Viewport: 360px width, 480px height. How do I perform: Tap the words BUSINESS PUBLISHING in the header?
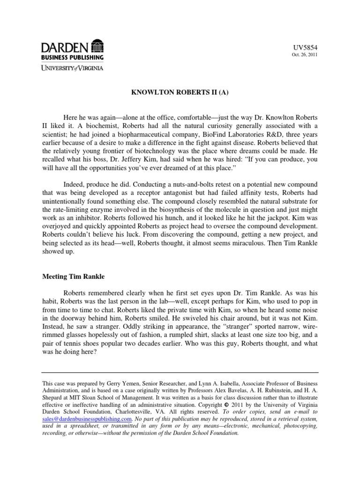point(72,57)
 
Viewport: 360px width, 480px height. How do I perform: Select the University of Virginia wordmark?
point(72,67)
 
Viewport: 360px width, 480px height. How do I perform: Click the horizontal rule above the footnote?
point(180,373)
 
